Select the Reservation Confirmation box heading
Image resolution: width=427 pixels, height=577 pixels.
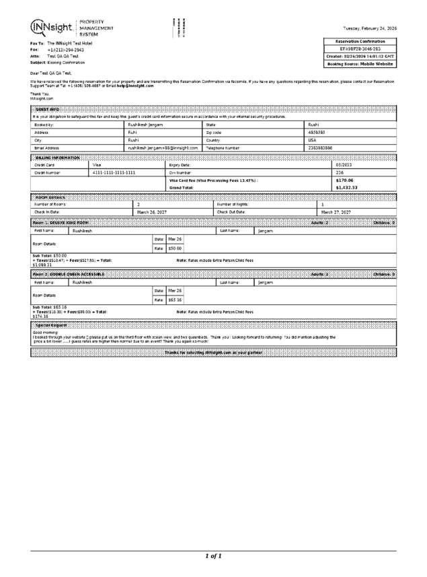click(x=360, y=41)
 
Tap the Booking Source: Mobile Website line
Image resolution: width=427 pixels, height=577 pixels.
click(x=360, y=64)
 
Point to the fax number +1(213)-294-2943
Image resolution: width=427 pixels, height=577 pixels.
click(x=65, y=50)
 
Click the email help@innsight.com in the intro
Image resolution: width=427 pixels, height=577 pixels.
click(x=134, y=86)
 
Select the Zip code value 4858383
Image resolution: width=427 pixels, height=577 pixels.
click(x=317, y=133)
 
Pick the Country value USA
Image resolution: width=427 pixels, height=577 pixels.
click(x=312, y=140)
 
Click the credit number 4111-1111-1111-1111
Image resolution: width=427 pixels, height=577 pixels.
click(x=114, y=172)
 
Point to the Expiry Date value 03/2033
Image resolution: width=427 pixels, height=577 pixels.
click(x=343, y=164)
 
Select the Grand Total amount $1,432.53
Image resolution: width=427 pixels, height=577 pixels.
click(x=346, y=188)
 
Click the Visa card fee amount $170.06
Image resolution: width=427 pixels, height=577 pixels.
click(x=344, y=180)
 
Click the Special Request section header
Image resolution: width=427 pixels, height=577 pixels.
click(x=50, y=325)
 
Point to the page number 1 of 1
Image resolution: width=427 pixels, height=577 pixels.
click(x=213, y=556)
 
